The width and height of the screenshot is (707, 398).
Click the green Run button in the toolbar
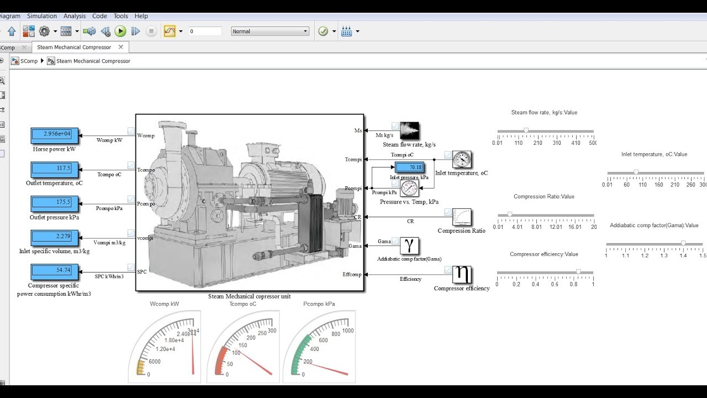click(120, 32)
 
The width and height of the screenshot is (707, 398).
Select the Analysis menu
click(75, 16)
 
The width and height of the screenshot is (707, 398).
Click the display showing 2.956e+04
click(55, 134)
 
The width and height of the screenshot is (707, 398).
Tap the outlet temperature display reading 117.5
click(55, 169)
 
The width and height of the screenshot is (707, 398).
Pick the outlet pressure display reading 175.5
click(55, 202)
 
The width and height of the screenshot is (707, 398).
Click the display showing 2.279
click(55, 237)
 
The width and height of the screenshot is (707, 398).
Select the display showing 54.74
click(55, 270)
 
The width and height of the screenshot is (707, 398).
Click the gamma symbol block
click(409, 246)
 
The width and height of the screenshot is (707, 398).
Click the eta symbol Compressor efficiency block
click(462, 274)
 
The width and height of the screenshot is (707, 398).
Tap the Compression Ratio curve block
click(462, 217)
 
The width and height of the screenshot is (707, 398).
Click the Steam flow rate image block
click(409, 130)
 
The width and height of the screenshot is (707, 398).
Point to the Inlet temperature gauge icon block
click(462, 160)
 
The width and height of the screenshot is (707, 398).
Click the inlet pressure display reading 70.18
click(409, 167)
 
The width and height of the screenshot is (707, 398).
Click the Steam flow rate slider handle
click(526, 131)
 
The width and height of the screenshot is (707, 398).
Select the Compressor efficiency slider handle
click(578, 272)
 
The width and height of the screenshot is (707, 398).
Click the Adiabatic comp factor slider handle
click(683, 243)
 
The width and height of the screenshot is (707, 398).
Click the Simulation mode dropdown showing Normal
click(270, 32)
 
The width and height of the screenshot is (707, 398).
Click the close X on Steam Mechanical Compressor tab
click(120, 47)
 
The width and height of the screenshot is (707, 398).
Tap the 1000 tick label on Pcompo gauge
click(348, 331)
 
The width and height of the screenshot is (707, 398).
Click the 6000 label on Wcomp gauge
click(155, 362)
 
